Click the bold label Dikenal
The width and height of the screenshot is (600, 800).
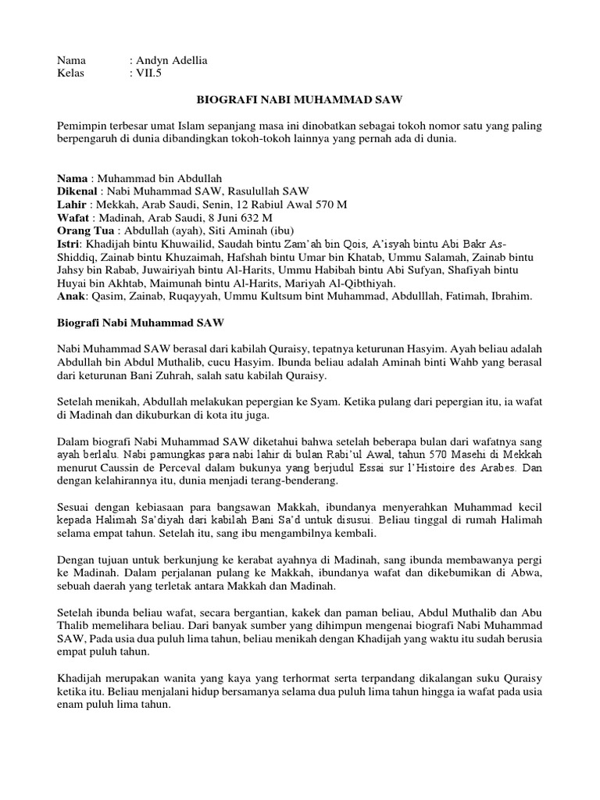[x=78, y=191]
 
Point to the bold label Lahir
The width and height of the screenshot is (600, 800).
[x=73, y=204]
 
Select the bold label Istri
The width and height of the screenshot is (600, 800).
[x=70, y=245]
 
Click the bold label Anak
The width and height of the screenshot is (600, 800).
[x=73, y=297]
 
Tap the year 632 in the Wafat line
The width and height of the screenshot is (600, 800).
[x=249, y=218]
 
